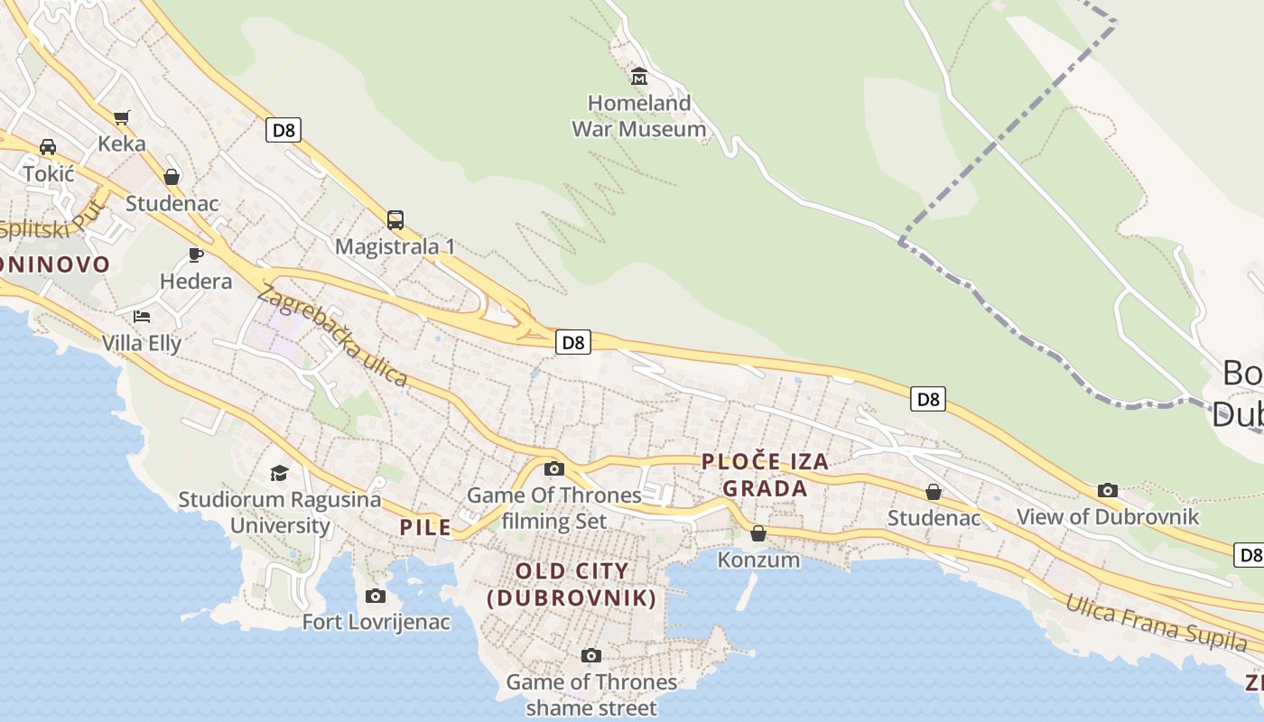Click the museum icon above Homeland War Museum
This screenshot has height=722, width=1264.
(639, 77)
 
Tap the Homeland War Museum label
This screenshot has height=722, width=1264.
(639, 116)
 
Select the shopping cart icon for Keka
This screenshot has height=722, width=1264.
(122, 117)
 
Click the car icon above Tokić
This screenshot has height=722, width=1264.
(48, 147)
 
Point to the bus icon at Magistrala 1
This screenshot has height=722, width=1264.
(395, 219)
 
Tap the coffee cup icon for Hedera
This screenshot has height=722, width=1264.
(195, 255)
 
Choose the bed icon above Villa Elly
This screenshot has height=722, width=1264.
(142, 316)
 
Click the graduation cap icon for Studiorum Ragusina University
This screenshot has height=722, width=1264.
(279, 473)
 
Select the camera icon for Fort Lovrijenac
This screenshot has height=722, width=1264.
(376, 596)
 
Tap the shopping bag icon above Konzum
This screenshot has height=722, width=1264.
(758, 533)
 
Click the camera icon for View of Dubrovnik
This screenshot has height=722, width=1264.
(1108, 490)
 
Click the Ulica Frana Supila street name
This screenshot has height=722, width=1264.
(1156, 623)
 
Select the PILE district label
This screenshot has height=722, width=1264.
(425, 527)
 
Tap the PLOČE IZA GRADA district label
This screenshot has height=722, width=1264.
(765, 476)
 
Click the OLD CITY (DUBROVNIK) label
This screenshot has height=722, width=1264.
(571, 584)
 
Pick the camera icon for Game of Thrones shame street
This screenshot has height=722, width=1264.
(591, 655)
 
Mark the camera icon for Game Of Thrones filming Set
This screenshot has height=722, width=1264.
(554, 468)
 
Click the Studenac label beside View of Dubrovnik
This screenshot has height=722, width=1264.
(934, 518)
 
